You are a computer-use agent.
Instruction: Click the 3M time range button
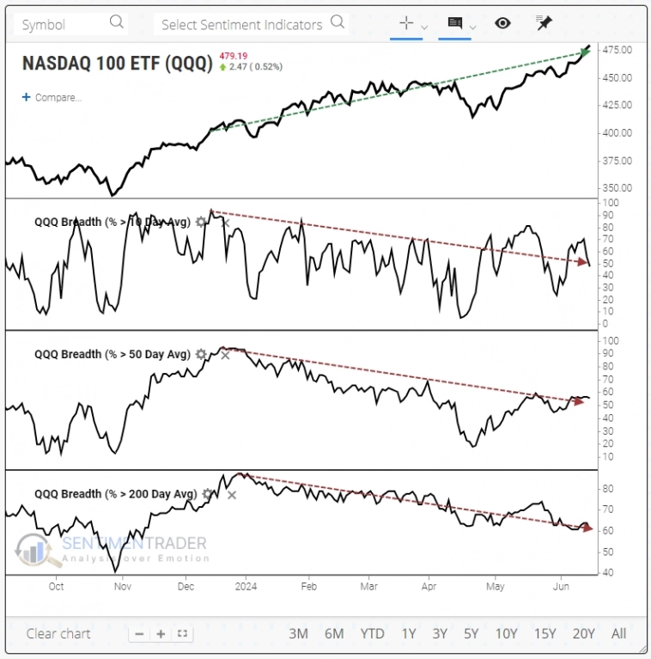[298, 634]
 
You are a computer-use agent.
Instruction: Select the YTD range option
[372, 634]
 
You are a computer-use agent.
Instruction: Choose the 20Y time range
[583, 634]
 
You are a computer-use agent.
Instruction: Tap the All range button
[618, 634]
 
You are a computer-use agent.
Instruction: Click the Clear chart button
[58, 634]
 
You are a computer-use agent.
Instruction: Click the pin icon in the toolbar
[544, 22]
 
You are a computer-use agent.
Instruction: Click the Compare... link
[52, 97]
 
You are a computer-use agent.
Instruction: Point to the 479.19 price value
[234, 54]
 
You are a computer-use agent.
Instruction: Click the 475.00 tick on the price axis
[618, 50]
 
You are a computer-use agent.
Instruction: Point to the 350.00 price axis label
[618, 187]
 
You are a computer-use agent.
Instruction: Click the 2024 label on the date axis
[246, 587]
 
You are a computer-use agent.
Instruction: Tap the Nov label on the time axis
[121, 587]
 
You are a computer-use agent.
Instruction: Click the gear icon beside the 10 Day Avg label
[201, 222]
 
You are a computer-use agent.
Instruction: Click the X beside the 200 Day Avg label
[231, 494]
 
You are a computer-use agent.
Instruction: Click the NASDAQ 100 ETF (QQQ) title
[117, 63]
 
